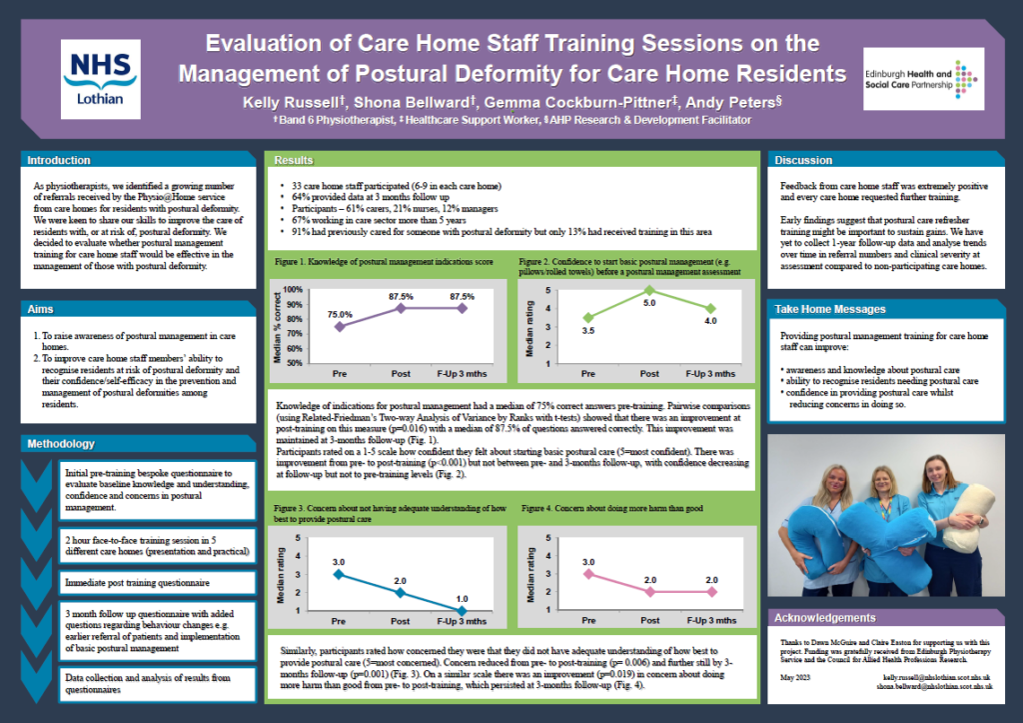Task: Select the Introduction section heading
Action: (59, 160)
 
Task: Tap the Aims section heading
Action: (41, 310)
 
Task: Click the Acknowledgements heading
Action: (824, 618)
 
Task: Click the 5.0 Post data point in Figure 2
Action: (648, 290)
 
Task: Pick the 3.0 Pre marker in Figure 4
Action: (588, 573)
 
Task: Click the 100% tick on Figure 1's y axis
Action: (294, 290)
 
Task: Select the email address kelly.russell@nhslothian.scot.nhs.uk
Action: (939, 677)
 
